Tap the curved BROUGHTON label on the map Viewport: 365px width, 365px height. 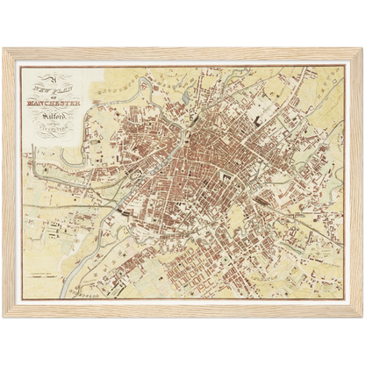pyautogui.click(x=115, y=78)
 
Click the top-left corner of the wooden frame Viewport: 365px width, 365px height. pyautogui.click(x=4, y=49)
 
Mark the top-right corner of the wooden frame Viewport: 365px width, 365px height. pyautogui.click(x=361, y=49)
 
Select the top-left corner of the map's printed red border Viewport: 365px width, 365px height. pyautogui.click(x=21, y=67)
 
